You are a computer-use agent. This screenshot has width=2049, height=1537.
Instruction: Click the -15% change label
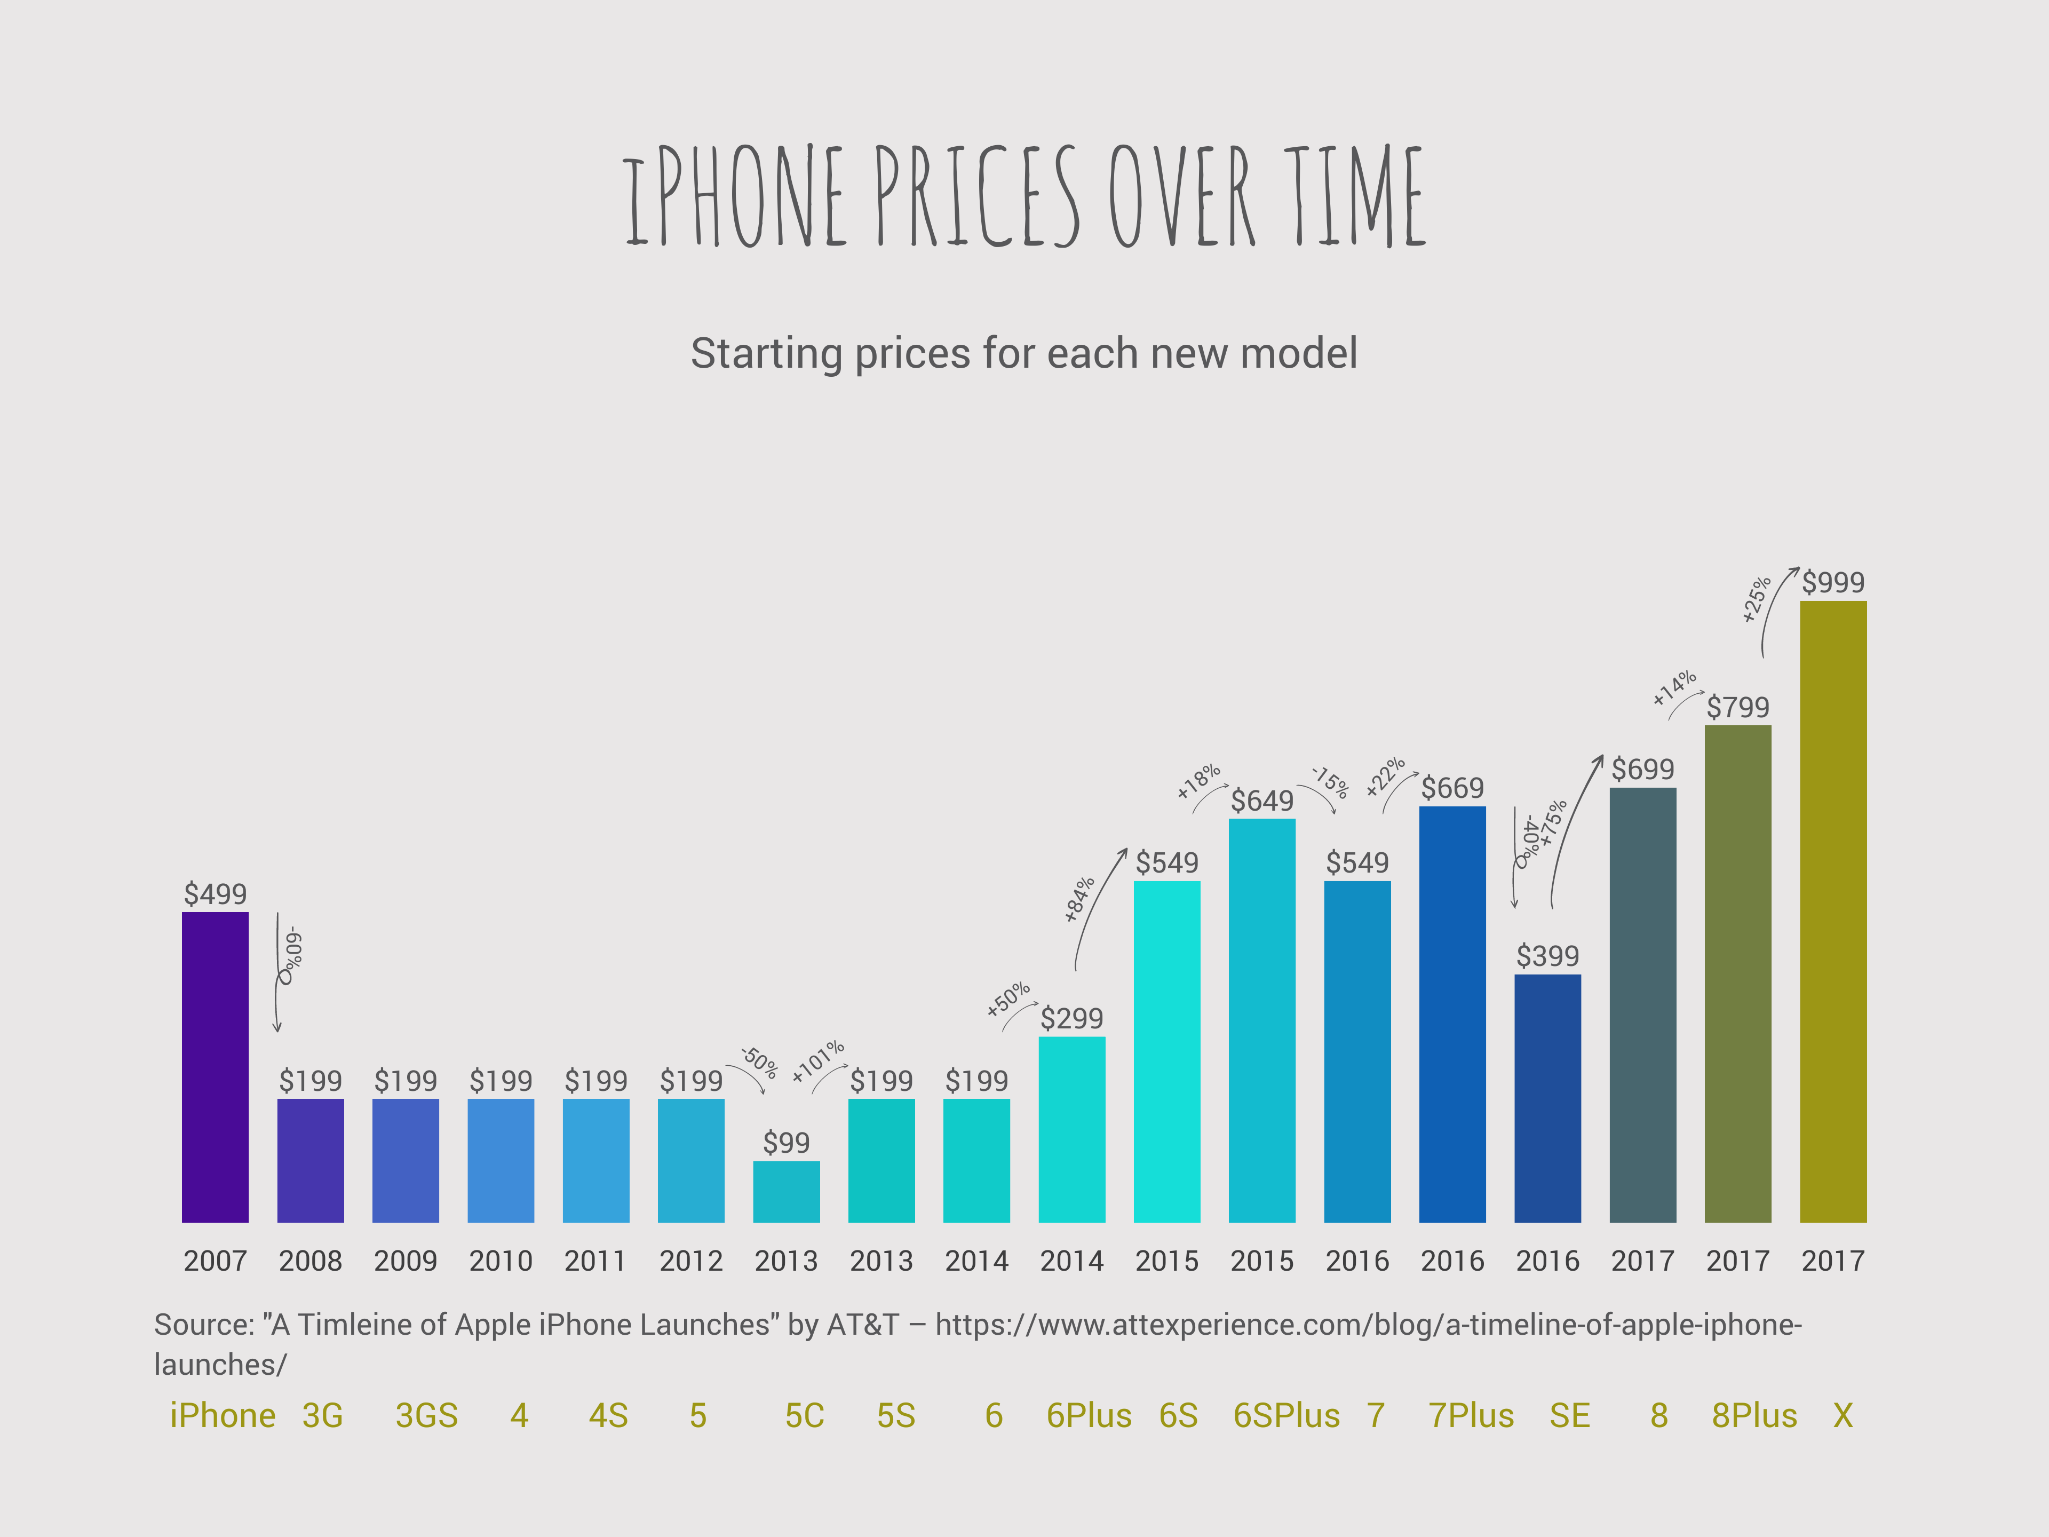click(1329, 781)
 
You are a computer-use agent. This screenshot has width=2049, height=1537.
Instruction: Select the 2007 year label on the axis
click(215, 1261)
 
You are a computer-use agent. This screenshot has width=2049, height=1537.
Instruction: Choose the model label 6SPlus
click(1286, 1416)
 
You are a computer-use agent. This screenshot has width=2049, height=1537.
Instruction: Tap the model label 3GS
click(426, 1416)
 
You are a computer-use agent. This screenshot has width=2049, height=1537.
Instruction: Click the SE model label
click(1569, 1416)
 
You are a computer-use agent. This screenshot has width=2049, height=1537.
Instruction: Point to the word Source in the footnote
click(202, 1325)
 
